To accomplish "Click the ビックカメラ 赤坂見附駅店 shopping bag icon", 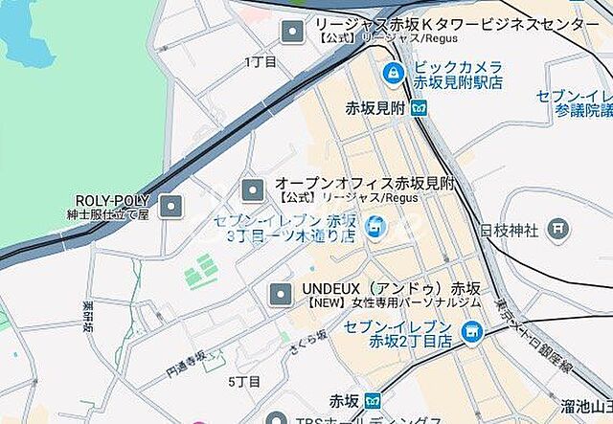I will click(392, 73).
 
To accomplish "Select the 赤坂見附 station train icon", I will click(419, 107).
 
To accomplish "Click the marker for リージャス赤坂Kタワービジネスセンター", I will click(291, 33).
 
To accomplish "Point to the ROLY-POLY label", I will click(111, 200).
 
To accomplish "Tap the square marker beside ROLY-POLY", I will click(170, 206).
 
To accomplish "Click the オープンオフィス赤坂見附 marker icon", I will click(252, 190).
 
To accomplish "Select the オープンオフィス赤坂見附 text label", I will click(364, 182).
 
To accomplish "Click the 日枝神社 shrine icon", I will click(557, 230).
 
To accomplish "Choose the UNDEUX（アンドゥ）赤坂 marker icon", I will click(280, 295).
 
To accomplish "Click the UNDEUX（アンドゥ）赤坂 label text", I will click(391, 287).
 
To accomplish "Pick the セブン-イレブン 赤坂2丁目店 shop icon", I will click(470, 333).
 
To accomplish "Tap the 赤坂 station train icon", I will click(373, 400).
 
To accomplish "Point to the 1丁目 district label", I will click(260, 61).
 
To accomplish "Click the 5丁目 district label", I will click(244, 381).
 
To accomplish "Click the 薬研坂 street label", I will click(88, 316).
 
